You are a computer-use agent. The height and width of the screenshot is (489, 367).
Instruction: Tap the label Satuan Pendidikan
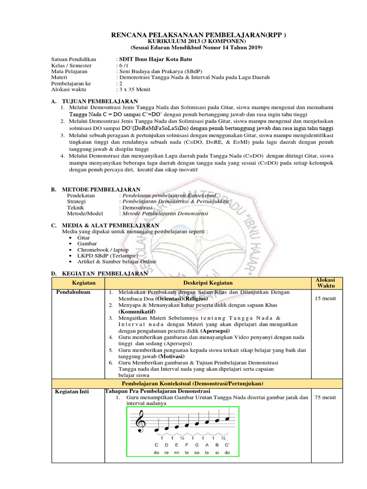pos(74,59)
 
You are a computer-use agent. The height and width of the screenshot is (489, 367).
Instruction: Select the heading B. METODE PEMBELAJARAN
pos(96,190)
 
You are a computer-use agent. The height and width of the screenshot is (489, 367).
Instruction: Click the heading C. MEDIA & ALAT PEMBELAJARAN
pos(105,224)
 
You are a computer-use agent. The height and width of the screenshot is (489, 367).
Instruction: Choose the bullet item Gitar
pos(84,237)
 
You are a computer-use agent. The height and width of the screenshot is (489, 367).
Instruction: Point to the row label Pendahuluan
pos(74,292)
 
